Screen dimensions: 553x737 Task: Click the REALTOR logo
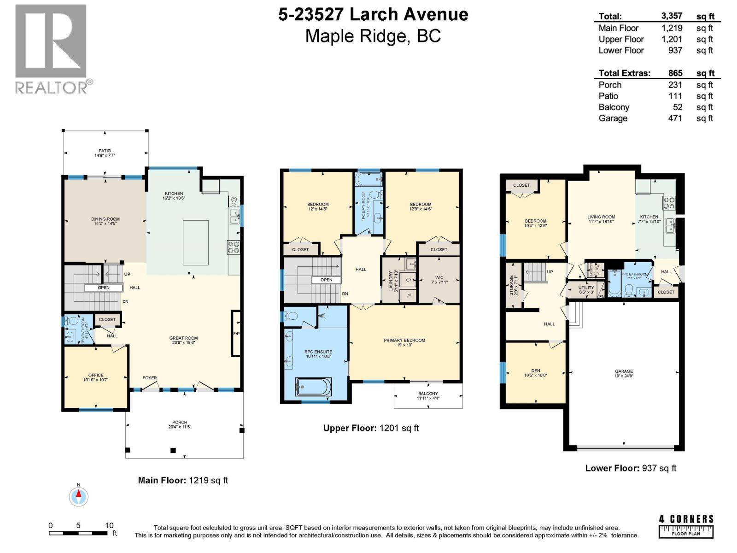click(51, 48)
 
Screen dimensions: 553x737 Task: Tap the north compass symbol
click(79, 496)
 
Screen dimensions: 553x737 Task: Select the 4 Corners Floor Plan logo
click(686, 526)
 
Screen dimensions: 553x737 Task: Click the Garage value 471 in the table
click(675, 118)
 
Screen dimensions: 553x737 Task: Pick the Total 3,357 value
click(671, 16)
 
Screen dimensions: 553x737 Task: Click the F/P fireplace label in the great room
click(236, 334)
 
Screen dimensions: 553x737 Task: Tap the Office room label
click(96, 375)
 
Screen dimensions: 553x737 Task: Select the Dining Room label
click(105, 219)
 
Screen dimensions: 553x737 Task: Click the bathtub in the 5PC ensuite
click(313, 387)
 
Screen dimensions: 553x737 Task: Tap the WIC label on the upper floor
click(439, 278)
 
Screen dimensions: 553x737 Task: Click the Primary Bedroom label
click(404, 340)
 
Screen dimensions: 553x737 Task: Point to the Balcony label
click(428, 394)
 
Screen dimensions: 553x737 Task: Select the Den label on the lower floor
click(535, 371)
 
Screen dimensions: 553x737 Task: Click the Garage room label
click(624, 371)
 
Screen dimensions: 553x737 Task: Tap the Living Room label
click(601, 217)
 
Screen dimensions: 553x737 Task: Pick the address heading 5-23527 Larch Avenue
click(373, 15)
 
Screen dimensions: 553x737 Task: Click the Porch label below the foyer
click(180, 422)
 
